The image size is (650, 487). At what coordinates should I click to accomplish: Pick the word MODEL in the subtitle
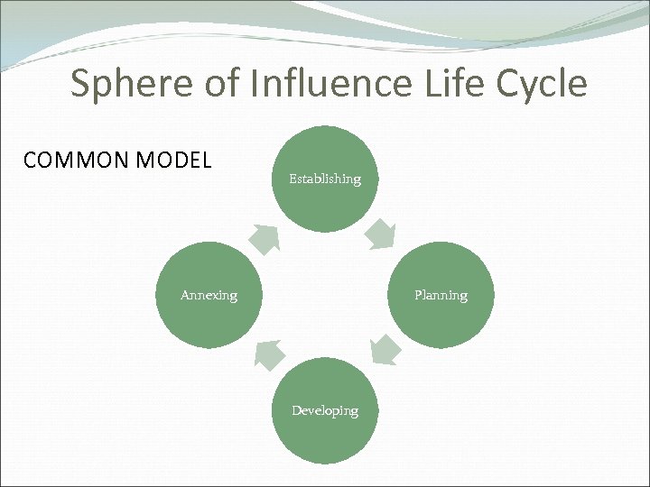tap(174, 161)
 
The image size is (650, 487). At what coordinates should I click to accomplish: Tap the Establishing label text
tap(325, 179)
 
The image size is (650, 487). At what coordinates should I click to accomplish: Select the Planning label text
tap(441, 295)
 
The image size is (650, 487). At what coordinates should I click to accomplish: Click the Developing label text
tap(325, 410)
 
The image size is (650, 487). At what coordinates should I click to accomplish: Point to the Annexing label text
tap(209, 295)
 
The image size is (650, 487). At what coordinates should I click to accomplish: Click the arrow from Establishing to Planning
tap(379, 234)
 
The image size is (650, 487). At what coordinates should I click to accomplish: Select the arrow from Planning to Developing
tap(385, 350)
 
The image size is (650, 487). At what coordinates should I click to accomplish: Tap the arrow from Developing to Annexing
tap(269, 354)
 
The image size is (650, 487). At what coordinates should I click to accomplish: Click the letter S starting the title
tap(81, 85)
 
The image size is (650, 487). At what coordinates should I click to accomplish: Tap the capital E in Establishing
tap(292, 179)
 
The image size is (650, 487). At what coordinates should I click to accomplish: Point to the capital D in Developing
tap(296, 410)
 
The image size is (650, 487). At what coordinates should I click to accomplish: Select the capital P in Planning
tap(418, 295)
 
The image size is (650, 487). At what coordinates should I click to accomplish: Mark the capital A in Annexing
tap(185, 295)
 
